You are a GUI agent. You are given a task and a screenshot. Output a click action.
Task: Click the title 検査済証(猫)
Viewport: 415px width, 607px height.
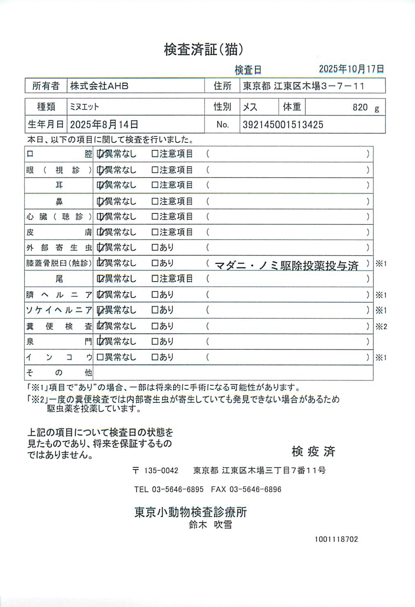click(x=204, y=50)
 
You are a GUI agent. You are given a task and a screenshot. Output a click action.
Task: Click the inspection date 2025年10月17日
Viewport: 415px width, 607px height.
click(x=351, y=69)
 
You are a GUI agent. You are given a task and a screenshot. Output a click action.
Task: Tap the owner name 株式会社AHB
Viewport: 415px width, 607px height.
click(x=99, y=86)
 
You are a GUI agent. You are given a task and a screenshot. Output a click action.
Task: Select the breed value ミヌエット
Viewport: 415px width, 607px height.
click(x=84, y=107)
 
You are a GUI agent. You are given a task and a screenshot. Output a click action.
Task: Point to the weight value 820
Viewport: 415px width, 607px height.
click(x=360, y=107)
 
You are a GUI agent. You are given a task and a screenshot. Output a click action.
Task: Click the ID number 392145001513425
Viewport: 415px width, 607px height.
click(x=283, y=125)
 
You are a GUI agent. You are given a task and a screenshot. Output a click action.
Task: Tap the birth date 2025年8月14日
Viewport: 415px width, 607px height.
click(x=104, y=125)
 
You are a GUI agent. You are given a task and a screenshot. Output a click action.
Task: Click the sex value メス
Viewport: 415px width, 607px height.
click(x=250, y=107)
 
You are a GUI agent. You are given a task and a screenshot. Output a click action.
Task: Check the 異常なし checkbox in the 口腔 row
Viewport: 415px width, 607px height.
click(x=100, y=154)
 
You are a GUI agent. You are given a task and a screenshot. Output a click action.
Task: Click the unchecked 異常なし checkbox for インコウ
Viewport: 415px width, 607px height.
click(x=100, y=357)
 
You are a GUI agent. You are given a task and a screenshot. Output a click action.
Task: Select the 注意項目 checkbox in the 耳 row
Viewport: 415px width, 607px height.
click(x=155, y=185)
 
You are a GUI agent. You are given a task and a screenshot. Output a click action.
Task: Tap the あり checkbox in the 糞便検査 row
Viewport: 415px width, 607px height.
click(x=155, y=326)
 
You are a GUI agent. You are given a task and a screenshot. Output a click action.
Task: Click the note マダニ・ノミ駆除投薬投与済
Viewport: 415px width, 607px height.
click(x=286, y=266)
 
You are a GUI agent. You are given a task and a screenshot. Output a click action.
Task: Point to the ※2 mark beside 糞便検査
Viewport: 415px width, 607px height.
click(x=381, y=326)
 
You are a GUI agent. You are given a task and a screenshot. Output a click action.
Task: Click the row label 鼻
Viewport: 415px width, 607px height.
click(x=59, y=202)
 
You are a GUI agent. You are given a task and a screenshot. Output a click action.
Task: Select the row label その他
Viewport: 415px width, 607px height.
click(x=59, y=373)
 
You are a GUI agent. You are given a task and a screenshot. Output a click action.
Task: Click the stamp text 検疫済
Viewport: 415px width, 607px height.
click(x=313, y=451)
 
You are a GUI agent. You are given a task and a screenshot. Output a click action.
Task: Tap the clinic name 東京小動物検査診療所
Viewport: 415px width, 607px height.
click(x=190, y=512)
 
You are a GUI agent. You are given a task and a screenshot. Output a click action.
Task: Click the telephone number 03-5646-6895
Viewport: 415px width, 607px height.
click(x=177, y=489)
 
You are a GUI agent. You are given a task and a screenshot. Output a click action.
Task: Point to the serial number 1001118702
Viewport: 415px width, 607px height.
click(x=336, y=539)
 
